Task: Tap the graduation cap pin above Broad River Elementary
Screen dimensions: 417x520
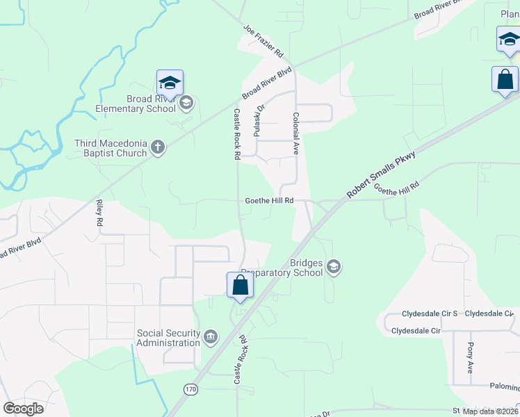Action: (x=170, y=84)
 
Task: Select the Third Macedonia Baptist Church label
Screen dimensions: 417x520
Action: (x=111, y=148)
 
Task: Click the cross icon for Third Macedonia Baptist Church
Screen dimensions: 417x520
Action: (x=158, y=147)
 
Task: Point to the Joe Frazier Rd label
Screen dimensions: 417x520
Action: (x=263, y=42)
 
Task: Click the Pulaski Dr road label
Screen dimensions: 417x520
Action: (x=259, y=120)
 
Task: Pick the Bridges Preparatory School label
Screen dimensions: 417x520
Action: (x=284, y=268)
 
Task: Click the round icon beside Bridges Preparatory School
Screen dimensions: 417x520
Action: (x=334, y=268)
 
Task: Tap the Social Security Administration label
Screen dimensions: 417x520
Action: (x=168, y=338)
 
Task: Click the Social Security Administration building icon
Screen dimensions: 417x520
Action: (x=211, y=338)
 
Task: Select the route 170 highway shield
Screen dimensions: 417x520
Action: (x=191, y=389)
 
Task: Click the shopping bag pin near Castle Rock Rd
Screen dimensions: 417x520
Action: (x=240, y=286)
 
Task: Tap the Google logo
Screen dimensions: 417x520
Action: (x=23, y=409)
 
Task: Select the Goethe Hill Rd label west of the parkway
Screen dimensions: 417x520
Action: (x=269, y=200)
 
